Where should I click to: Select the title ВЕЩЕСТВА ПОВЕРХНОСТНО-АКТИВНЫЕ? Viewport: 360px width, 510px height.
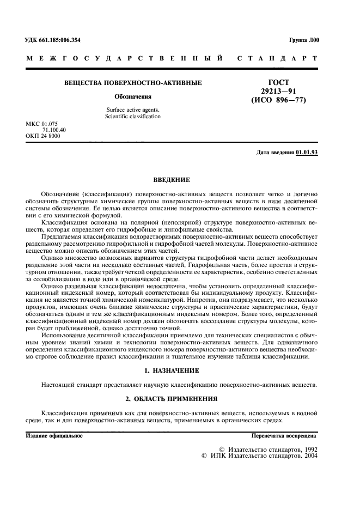pyautogui.click(x=133, y=83)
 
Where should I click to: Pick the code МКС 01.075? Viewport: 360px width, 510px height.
pyautogui.click(x=41, y=124)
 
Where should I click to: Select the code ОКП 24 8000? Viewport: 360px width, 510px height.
pyautogui.click(x=43, y=136)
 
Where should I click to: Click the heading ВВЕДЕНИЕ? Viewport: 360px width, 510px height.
pyautogui.click(x=172, y=179)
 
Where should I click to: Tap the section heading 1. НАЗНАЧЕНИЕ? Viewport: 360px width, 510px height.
pyautogui.click(x=172, y=371)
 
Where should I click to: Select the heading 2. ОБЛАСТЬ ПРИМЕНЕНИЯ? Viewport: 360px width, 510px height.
pyautogui.click(x=172, y=398)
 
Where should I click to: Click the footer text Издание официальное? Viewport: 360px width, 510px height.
pyautogui.click(x=54, y=436)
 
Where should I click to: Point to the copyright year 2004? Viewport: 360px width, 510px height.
pyautogui.click(x=310, y=456)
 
